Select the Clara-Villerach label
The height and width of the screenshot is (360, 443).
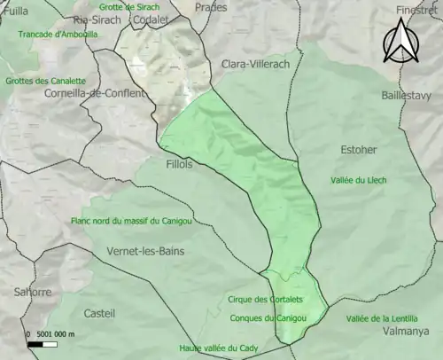point(255,65)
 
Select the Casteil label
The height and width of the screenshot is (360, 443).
point(98,313)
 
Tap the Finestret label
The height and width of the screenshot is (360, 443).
point(418,11)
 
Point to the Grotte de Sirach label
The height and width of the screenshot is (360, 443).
point(129,6)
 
